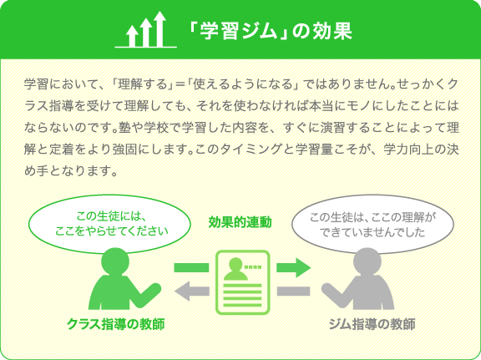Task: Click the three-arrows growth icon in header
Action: [145, 29]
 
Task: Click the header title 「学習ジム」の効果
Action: [270, 31]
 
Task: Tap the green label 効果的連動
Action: [240, 222]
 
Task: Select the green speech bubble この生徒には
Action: [109, 224]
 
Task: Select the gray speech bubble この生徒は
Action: [372, 225]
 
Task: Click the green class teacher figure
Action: [124, 279]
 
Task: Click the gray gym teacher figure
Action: [357, 279]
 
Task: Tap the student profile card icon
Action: [243, 282]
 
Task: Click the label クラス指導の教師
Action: [116, 324]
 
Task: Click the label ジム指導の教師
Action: [372, 324]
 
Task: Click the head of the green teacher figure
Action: [115, 261]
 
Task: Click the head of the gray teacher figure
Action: [367, 261]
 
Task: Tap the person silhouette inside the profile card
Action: [235, 269]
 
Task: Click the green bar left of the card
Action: [191, 267]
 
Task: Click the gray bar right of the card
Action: [293, 291]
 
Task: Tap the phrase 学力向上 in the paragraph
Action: [408, 150]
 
